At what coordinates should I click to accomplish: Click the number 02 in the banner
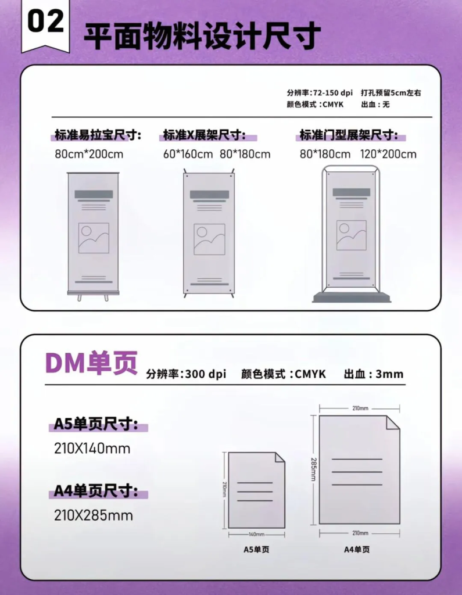pos(45,21)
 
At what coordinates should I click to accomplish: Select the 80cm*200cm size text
pos(89,154)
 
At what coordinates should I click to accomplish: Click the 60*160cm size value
pos(188,154)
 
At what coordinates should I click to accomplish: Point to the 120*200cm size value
pos(388,154)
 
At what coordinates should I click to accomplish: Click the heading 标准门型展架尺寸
pos(349,135)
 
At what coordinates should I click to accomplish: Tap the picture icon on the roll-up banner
pos(94,238)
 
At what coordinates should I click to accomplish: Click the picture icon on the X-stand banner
pos(210,239)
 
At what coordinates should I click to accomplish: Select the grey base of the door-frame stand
pos(352,297)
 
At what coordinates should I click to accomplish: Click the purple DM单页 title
pos(91,363)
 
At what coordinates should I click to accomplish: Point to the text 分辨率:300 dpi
pos(186,374)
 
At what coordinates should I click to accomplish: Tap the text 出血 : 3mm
pos(374,374)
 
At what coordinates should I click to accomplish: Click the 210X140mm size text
pos(92,449)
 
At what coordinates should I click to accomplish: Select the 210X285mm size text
pos(94,515)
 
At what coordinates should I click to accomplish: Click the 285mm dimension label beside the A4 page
pos(314,469)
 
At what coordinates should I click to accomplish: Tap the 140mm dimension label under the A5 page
pos(257,535)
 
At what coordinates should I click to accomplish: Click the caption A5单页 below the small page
pos(256,550)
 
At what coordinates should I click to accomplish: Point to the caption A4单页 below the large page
pos(357,550)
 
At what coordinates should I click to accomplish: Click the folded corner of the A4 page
pos(393,422)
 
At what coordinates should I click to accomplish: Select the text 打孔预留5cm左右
pos(391,92)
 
